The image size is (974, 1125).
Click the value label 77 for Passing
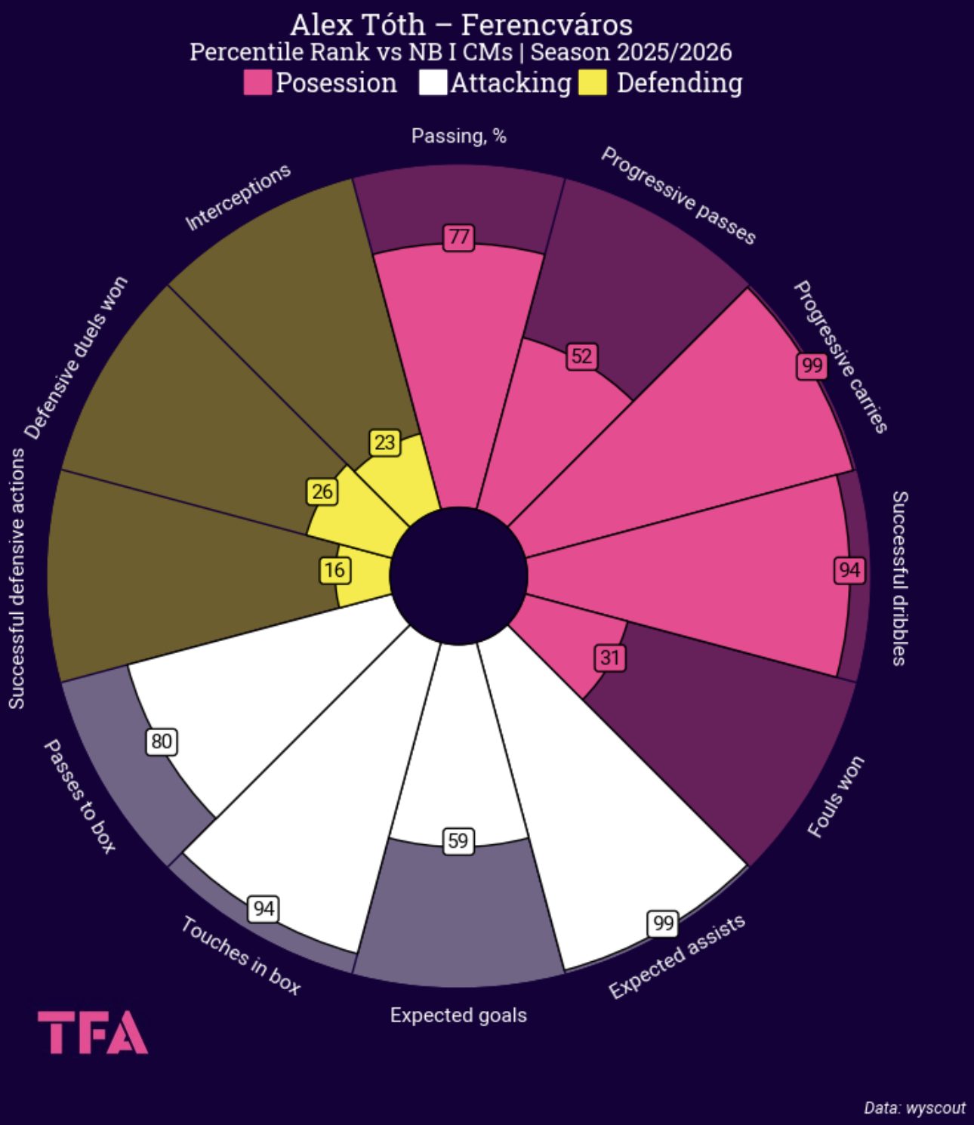coord(458,238)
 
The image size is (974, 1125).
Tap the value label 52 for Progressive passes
coord(581,356)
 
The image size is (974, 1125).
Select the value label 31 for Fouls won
coord(609,658)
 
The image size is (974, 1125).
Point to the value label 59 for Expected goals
coord(458,841)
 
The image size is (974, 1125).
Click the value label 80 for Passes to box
coord(162,741)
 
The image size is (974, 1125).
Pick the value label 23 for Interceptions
coord(384,442)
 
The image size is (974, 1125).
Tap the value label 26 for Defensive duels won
coord(322,492)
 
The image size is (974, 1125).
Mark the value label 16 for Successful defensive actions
coord(334,570)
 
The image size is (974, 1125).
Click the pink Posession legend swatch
coord(257,82)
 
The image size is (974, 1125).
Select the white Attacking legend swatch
coord(433,82)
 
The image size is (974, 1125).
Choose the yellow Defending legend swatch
coord(593,82)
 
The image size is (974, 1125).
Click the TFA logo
coord(93,1032)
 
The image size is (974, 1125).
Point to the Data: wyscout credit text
coord(914,1108)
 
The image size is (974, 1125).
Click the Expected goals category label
coord(458,1016)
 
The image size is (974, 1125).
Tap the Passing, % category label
coord(458,136)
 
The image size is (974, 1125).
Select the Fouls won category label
coord(835,797)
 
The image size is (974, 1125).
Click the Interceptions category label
coord(238,197)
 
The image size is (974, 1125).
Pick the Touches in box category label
coord(241,955)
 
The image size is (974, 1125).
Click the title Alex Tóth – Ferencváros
coord(461,25)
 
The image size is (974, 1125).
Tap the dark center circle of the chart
coord(458,576)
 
